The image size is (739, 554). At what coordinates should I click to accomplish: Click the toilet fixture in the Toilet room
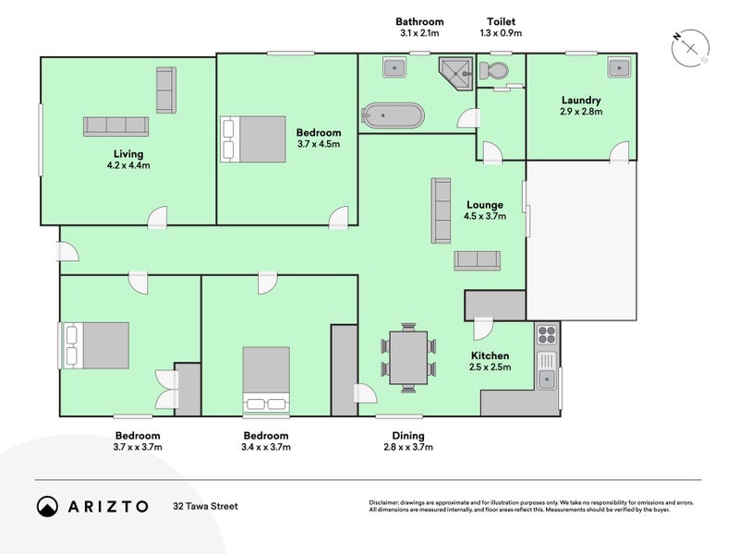[x=493, y=71]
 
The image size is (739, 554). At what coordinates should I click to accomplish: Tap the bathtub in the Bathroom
[x=394, y=114]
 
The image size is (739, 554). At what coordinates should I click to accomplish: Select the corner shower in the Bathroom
[x=455, y=74]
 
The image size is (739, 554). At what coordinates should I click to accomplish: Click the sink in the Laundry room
[x=620, y=67]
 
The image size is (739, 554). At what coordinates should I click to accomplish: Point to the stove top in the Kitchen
[x=547, y=335]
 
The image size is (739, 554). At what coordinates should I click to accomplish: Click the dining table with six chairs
[x=408, y=357]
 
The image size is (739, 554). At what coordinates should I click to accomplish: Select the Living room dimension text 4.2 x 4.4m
[x=128, y=165]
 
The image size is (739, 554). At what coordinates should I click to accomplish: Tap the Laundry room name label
[x=581, y=100]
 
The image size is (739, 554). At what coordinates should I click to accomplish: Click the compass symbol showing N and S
[x=690, y=48]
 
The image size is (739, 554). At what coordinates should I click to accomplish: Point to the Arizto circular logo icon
[x=47, y=506]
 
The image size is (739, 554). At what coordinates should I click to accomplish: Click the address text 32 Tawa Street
[x=205, y=506]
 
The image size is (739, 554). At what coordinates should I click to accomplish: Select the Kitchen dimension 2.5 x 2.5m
[x=491, y=367]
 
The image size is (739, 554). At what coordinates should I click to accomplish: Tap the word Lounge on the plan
[x=485, y=205]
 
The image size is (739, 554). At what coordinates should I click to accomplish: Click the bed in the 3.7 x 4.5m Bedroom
[x=253, y=139]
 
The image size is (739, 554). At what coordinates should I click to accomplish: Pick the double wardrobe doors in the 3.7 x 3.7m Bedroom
[x=167, y=389]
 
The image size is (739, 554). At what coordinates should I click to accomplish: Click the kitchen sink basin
[x=547, y=379]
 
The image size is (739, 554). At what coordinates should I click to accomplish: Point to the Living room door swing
[x=157, y=218]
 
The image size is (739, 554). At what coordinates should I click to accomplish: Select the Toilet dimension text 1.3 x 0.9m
[x=501, y=33]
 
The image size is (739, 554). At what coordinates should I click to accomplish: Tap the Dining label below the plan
[x=408, y=436]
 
